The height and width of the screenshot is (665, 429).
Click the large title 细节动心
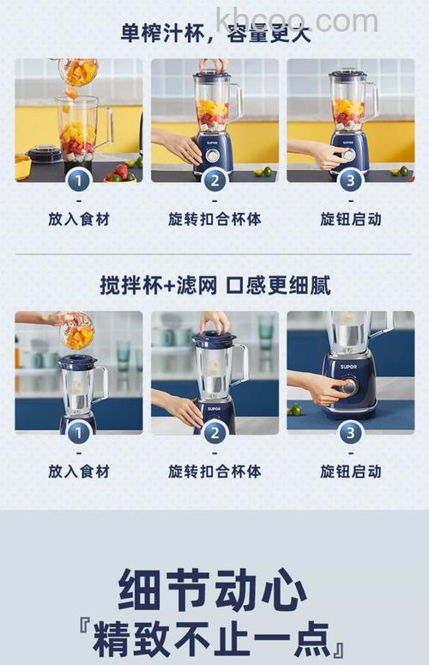pos(214,590)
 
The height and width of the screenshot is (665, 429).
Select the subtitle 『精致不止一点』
pos(214,639)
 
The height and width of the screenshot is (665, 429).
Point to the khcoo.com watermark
pos(296,19)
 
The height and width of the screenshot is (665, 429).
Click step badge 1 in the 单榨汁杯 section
pos(79,180)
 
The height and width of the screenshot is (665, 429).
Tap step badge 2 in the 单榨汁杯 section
pos(214,180)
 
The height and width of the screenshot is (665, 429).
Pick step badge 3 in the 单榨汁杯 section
pos(350,180)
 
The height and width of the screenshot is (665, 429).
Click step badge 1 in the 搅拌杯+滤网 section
pos(79,432)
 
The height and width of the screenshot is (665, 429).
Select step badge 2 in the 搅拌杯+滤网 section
pos(214,432)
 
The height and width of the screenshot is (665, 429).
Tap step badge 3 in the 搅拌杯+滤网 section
pos(350,432)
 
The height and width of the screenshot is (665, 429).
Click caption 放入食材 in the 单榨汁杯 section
pos(79,219)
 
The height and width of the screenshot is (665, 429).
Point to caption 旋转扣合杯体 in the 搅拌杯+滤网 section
pos(214,471)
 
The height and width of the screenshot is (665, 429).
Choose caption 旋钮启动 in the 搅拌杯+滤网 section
pos(350,471)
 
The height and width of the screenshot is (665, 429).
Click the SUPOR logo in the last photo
pos(347,366)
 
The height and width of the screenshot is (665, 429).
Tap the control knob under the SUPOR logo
pos(348,387)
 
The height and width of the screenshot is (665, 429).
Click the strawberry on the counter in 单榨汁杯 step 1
pos(123,172)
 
